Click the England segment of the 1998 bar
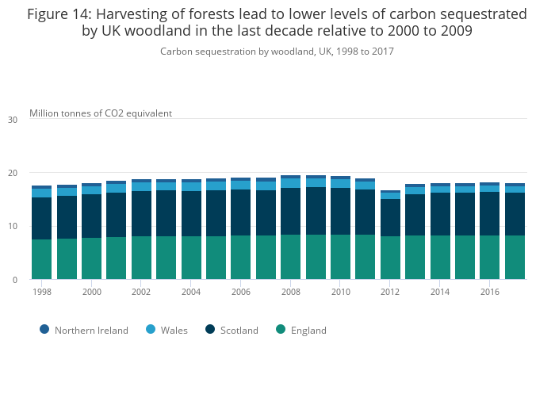(x=41, y=259)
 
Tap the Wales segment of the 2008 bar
(x=290, y=183)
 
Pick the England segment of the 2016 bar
(x=489, y=257)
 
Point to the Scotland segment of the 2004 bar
(x=191, y=213)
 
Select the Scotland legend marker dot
(x=210, y=329)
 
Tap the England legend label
(x=308, y=330)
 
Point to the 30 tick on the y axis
(x=13, y=120)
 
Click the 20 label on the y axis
(x=13, y=173)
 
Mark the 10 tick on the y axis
(x=13, y=226)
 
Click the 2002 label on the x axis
(x=141, y=292)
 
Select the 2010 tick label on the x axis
(x=340, y=292)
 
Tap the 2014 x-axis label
(x=439, y=292)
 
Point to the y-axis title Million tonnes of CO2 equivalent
(x=101, y=113)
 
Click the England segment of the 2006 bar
(x=240, y=257)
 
